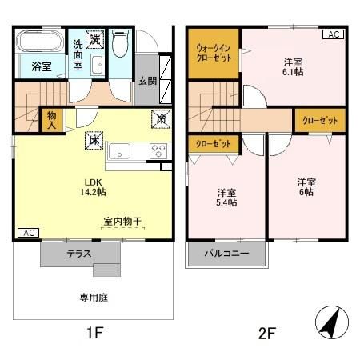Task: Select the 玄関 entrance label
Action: pos(146,80)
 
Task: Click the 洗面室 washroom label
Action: pos(78,55)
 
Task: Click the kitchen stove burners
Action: pos(158,150)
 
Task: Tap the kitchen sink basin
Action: pos(124,150)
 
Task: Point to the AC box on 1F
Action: pos(27,233)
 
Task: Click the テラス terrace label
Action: pos(78,254)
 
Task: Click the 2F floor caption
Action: pos(266,332)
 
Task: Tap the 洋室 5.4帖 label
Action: pos(227,197)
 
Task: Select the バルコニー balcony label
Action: pos(226,254)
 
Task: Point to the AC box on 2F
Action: pos(333,35)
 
